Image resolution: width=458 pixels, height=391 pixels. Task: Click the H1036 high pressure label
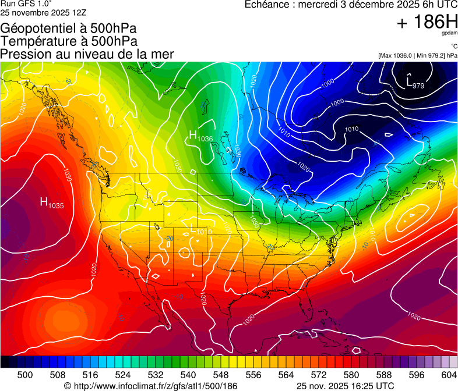coord(200,137)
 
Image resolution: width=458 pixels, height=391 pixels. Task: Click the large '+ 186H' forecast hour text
coord(427,23)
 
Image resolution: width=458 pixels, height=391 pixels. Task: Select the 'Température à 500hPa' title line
coord(69,41)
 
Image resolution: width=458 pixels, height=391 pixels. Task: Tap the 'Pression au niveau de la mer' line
coord(87,54)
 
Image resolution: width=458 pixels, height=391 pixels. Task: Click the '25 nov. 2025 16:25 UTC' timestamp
coord(345,385)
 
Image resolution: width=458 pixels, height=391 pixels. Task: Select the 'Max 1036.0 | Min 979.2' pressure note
coord(417,55)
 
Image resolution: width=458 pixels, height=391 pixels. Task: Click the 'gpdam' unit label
coord(449,33)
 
